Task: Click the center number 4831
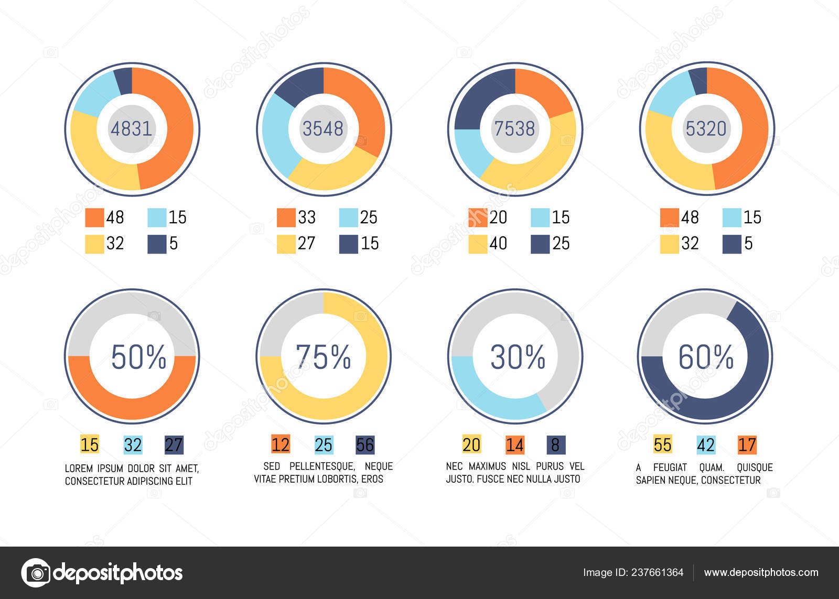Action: [131, 128]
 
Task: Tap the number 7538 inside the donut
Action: [514, 128]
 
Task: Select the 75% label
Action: [323, 357]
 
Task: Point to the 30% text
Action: [518, 357]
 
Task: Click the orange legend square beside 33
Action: [286, 217]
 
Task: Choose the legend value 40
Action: [498, 243]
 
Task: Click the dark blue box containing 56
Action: [365, 445]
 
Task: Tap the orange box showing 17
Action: [747, 445]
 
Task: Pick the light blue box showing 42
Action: [706, 445]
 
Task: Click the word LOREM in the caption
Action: [79, 469]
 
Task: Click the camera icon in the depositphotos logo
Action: [36, 573]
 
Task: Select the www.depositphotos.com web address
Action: [761, 573]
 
